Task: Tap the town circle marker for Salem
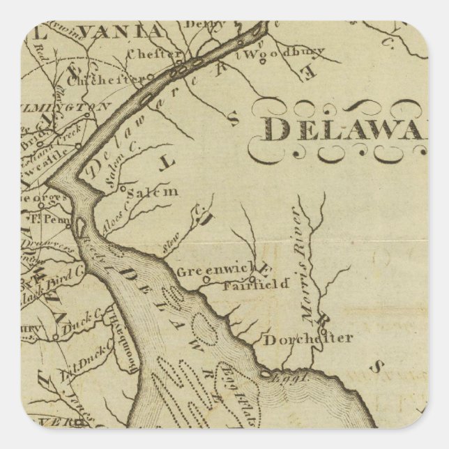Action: [122, 188]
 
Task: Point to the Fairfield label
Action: [245, 285]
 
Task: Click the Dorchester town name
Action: [307, 340]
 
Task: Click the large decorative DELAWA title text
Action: [345, 130]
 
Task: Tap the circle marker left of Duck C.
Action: [55, 337]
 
